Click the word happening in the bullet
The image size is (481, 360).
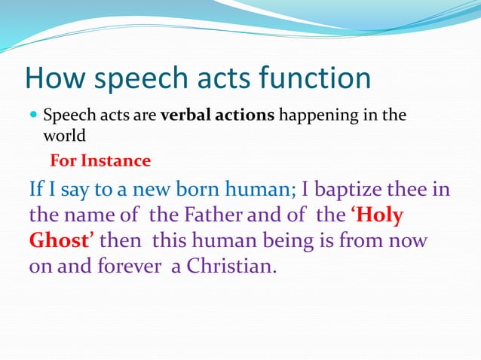coord(320,117)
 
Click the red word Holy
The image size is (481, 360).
coord(379,215)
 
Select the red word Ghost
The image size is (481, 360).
coord(61,242)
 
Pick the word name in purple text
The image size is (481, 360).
coord(90,215)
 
